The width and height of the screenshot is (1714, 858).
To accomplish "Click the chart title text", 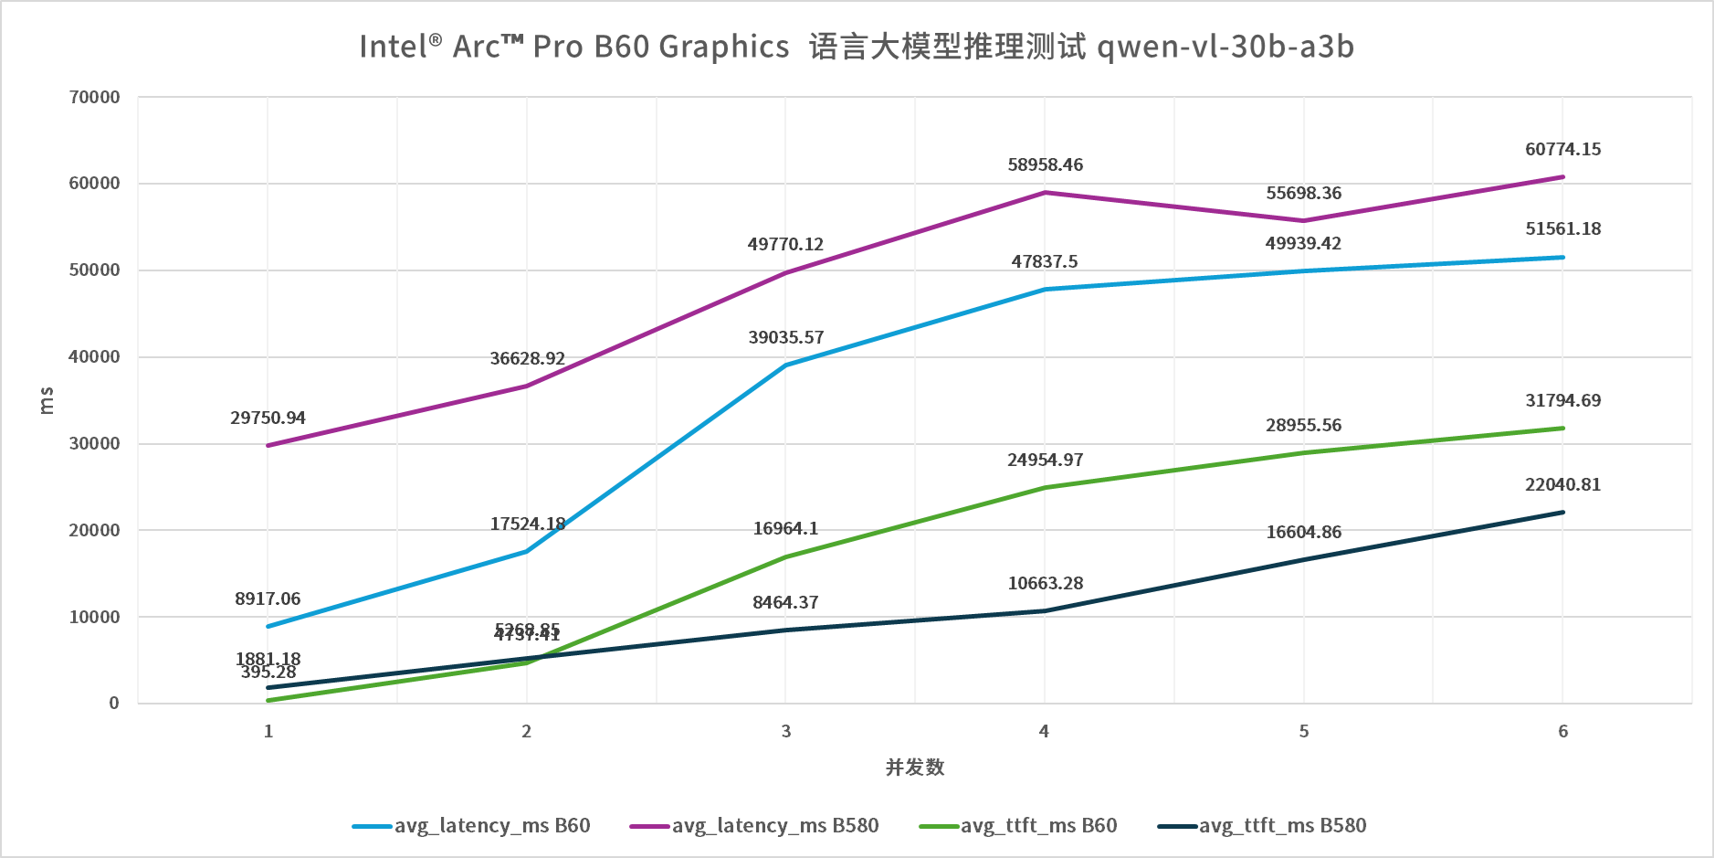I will click(857, 47).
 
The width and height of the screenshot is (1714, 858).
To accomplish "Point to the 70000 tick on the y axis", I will click(95, 97).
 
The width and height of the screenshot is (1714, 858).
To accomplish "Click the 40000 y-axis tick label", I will click(95, 357).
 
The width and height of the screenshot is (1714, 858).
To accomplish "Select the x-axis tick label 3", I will click(785, 731).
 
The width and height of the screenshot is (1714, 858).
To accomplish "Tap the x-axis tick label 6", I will click(1563, 731).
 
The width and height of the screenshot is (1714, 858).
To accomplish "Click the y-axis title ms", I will click(47, 400).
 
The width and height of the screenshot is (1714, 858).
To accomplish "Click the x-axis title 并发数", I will click(915, 768).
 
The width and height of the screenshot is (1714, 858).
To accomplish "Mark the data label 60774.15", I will click(1562, 150).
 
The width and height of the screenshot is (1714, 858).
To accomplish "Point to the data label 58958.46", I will click(1045, 165).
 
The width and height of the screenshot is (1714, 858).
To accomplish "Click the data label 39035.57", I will click(785, 338).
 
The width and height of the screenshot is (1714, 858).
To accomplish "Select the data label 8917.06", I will click(268, 599).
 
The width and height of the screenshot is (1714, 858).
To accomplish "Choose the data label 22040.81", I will click(1562, 485).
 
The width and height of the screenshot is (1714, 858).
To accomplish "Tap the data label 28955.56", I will click(1303, 426).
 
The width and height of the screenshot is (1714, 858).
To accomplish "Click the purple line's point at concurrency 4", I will click(1045, 193).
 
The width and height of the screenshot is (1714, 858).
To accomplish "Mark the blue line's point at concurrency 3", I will click(785, 365).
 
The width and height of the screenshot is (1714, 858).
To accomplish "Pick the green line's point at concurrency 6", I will click(1563, 429).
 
